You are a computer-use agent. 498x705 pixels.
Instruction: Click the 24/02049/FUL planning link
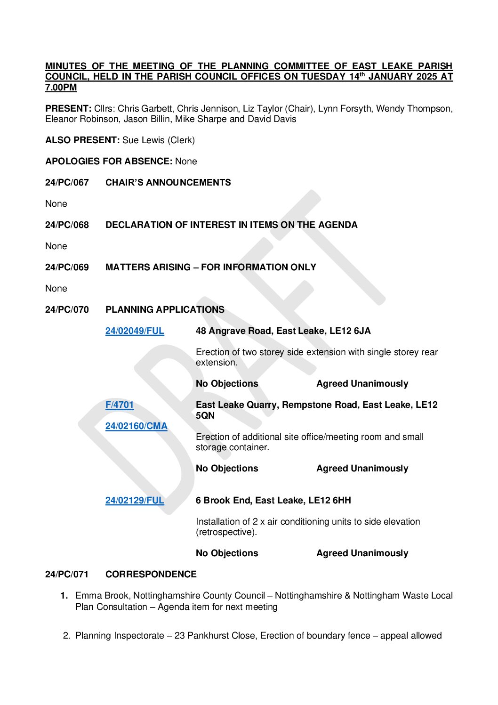pyautogui.click(x=135, y=331)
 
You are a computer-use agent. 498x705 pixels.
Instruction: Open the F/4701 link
pyautogui.click(x=120, y=405)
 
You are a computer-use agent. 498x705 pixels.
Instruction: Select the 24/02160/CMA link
pyautogui.click(x=137, y=426)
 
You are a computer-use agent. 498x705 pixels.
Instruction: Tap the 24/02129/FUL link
pyautogui.click(x=135, y=501)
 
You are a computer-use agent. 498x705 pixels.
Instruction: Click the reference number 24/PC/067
pyautogui.click(x=67, y=183)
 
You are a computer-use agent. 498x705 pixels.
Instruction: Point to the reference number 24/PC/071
pyautogui.click(x=67, y=575)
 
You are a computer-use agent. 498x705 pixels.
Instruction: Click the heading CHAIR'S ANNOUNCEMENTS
pyautogui.click(x=168, y=183)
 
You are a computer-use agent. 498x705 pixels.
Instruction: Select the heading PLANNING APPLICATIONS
pyautogui.click(x=165, y=310)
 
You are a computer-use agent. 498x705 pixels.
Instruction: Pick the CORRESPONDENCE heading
pyautogui.click(x=151, y=575)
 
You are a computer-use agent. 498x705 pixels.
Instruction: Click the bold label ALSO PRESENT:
pyautogui.click(x=82, y=140)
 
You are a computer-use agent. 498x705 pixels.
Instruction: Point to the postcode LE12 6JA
pyautogui.click(x=350, y=331)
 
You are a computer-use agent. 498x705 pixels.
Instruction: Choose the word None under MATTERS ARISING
pyautogui.click(x=56, y=289)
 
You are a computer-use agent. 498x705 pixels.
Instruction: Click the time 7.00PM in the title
pyautogui.click(x=61, y=88)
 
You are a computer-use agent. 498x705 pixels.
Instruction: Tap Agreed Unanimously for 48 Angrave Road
pyautogui.click(x=362, y=384)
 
